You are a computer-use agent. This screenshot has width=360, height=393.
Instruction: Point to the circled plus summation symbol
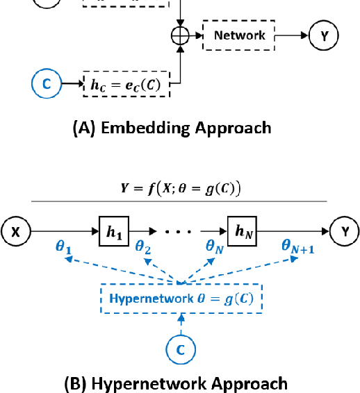(181, 35)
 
